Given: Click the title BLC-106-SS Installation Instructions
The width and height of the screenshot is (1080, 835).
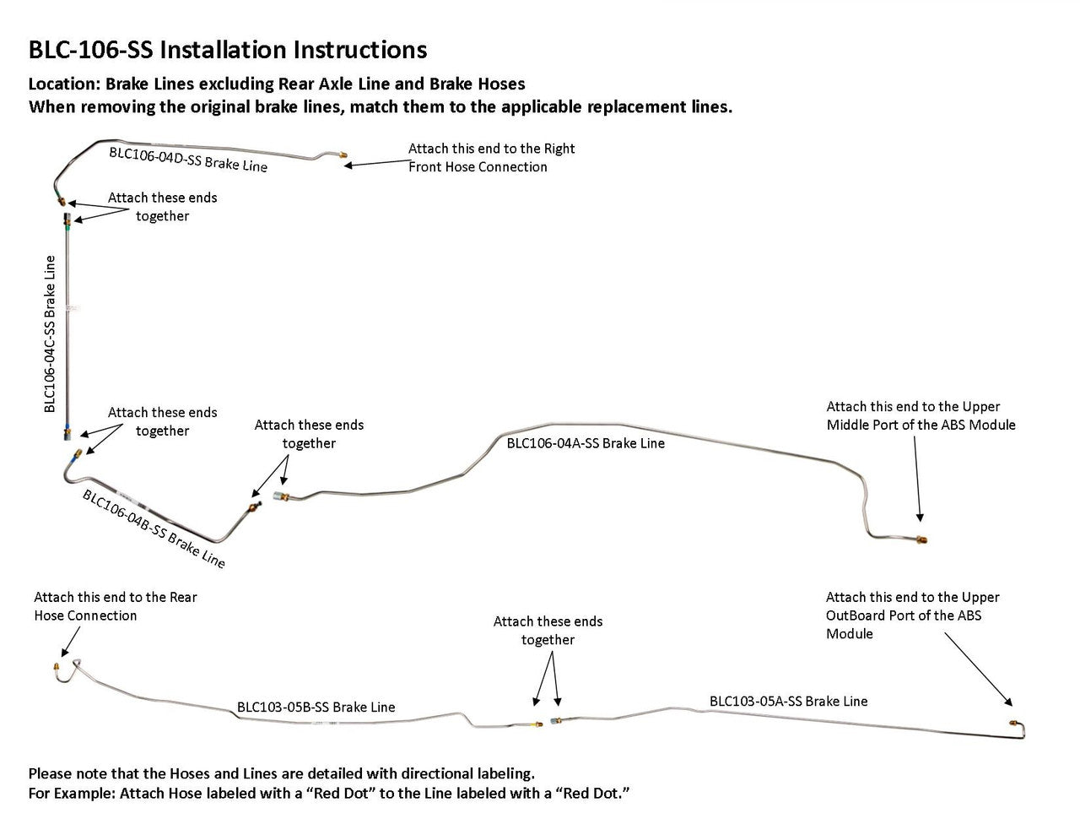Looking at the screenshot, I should pos(228,50).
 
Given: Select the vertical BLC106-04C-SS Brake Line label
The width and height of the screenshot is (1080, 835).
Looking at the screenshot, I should pos(51,333).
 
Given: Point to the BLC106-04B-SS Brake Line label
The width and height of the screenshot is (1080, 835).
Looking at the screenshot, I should pos(154,529).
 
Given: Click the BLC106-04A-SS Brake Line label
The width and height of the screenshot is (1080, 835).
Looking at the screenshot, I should pos(586,443).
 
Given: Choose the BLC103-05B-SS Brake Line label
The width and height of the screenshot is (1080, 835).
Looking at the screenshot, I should pos(316,708).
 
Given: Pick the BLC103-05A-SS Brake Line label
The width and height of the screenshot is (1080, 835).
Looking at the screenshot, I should pos(788,701).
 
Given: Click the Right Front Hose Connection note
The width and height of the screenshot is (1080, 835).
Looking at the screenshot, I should pos(491,158).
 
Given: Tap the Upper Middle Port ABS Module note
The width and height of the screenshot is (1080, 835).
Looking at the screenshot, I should pos(921,415).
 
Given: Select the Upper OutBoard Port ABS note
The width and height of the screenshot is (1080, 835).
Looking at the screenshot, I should pos(912,615).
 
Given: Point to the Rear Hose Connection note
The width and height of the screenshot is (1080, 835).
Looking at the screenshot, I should pos(116,606).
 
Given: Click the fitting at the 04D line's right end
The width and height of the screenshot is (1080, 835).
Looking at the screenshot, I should pos(341,156).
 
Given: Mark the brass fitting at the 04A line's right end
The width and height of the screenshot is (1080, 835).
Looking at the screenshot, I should pos(922,539).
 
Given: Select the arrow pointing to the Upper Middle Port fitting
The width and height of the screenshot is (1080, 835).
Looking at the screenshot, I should pos(917,481).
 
